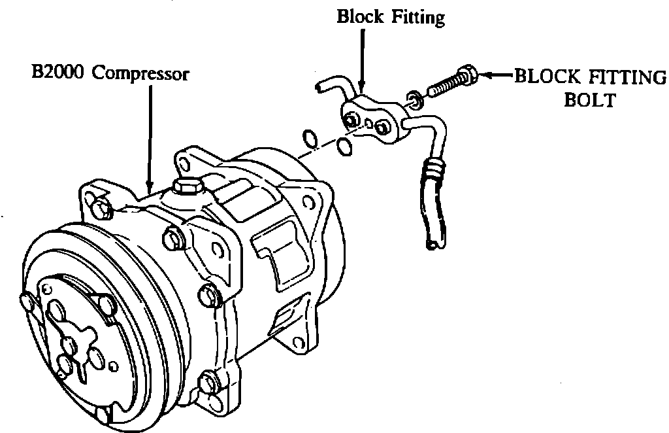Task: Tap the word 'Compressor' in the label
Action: click(x=140, y=72)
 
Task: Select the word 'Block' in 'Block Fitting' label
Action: click(x=359, y=17)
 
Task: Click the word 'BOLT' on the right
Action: click(x=590, y=101)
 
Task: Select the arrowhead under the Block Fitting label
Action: click(x=361, y=86)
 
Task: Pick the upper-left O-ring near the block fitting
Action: click(x=311, y=139)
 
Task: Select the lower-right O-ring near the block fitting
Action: click(x=345, y=148)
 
